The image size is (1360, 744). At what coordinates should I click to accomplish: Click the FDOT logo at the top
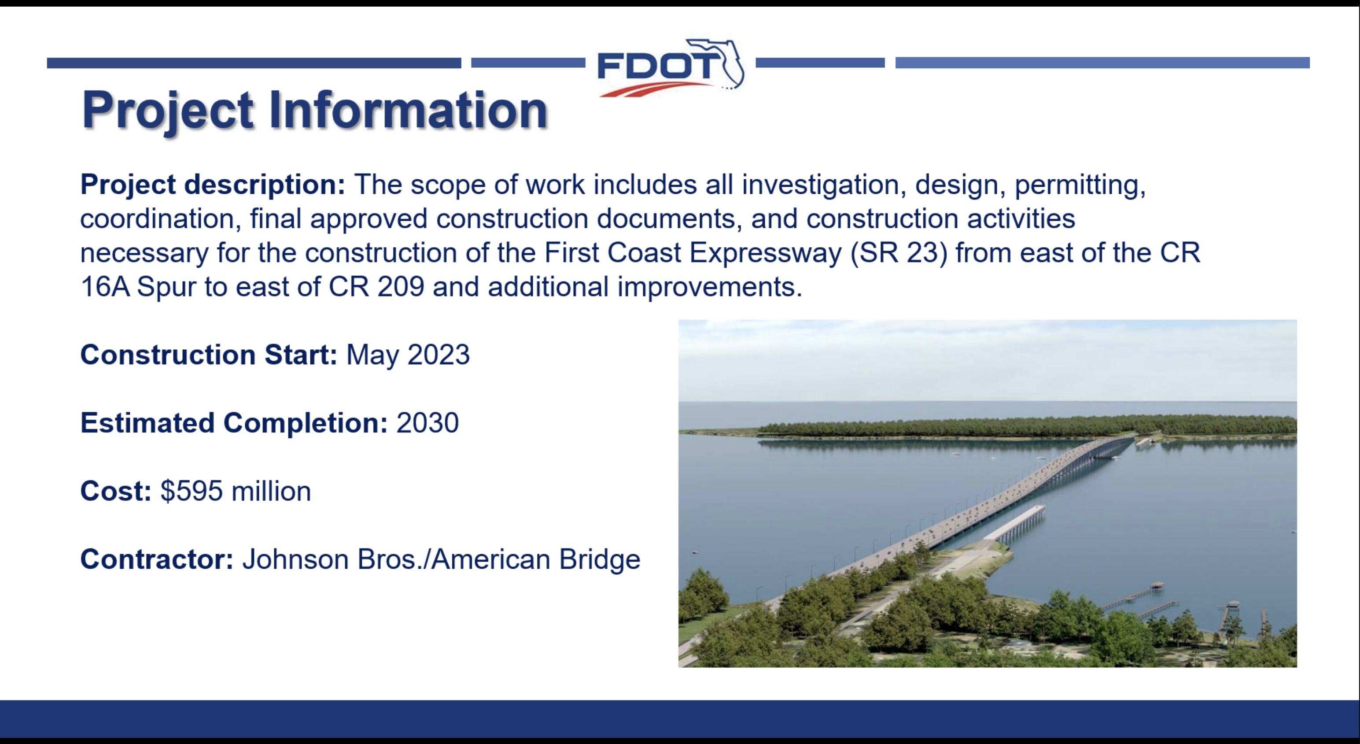671,67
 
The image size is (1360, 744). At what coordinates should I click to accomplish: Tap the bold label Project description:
213,185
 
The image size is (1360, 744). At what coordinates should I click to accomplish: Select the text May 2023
408,355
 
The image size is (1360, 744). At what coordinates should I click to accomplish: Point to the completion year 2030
428,423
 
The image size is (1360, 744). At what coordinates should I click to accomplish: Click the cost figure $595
192,491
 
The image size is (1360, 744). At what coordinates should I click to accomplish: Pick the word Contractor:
157,559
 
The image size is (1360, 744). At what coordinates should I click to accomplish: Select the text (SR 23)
899,253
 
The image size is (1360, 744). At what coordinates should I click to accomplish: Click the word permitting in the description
1080,185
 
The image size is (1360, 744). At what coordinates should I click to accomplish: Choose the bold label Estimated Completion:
234,423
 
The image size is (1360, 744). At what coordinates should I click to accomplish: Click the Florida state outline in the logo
724,62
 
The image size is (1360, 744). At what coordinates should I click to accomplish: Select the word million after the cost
271,491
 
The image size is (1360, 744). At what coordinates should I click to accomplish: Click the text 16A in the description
105,287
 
